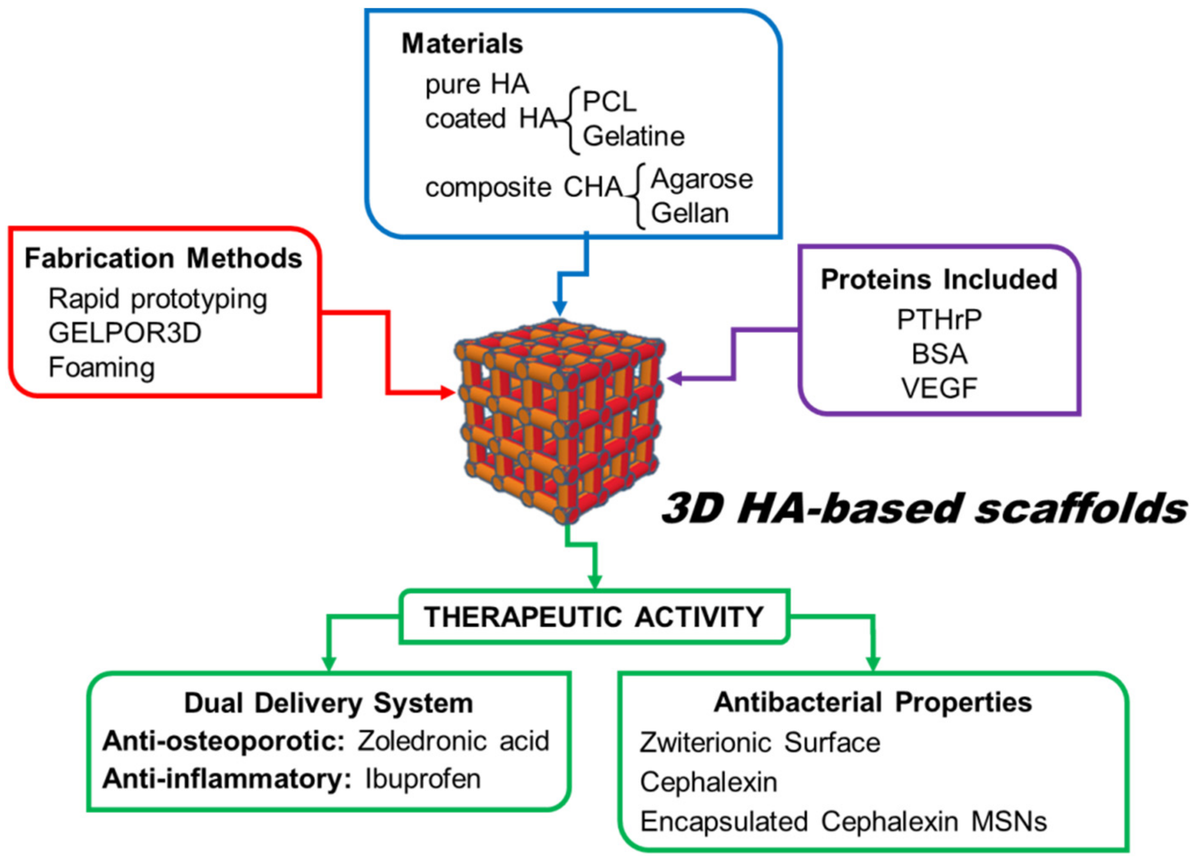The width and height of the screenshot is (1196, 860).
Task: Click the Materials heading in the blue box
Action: pyautogui.click(x=462, y=43)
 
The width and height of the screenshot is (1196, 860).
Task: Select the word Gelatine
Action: pyautogui.click(x=634, y=136)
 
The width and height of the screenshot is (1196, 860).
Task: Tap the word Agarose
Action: pyautogui.click(x=701, y=179)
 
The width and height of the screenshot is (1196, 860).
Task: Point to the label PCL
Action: pyautogui.click(x=609, y=101)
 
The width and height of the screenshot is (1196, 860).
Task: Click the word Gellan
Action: pyautogui.click(x=690, y=214)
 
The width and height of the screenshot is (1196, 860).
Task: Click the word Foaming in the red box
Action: pyautogui.click(x=102, y=367)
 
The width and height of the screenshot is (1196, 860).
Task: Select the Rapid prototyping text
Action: pyautogui.click(x=158, y=299)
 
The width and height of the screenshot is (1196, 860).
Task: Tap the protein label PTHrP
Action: pyautogui.click(x=939, y=319)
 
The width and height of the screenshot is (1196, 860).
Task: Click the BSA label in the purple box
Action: pyautogui.click(x=939, y=354)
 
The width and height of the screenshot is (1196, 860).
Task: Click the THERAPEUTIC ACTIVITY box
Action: pyautogui.click(x=594, y=616)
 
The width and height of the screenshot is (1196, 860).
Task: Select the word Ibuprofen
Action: pyautogui.click(x=423, y=779)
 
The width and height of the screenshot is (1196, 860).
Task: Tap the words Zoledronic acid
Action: pyautogui.click(x=454, y=741)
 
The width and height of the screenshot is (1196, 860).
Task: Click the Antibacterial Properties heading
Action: pyautogui.click(x=873, y=702)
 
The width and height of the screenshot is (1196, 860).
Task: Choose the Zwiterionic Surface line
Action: pyautogui.click(x=760, y=743)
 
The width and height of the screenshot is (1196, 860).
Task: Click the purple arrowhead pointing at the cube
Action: pyautogui.click(x=674, y=378)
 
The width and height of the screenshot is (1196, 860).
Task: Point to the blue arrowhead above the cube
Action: pyautogui.click(x=559, y=308)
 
